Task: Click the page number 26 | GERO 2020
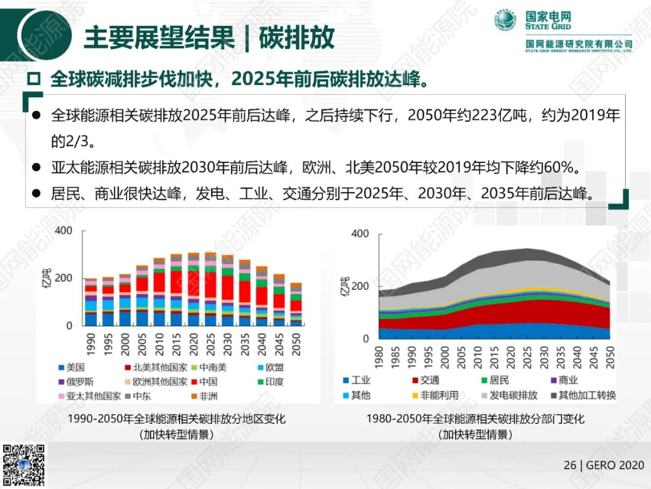[x=603, y=465]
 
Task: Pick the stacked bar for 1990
[x=90, y=302]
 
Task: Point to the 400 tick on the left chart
[x=63, y=230]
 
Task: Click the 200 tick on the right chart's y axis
[x=360, y=286]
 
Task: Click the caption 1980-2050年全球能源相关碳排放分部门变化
[x=475, y=419]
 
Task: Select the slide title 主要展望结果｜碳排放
[x=209, y=37]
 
